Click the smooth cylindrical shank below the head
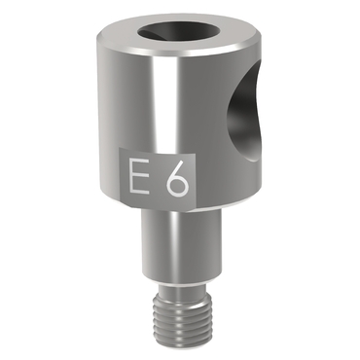(180, 243)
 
